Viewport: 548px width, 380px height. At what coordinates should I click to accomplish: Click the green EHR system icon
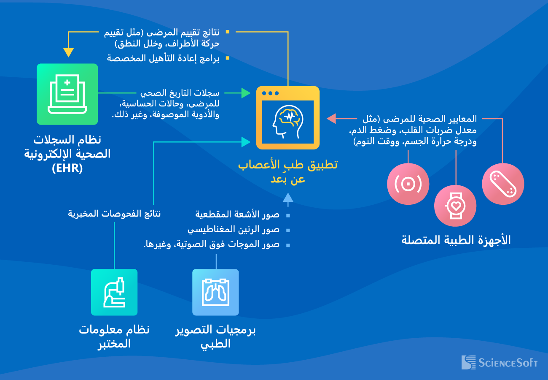[x=67, y=94]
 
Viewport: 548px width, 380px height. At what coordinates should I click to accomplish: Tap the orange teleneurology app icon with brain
[x=288, y=118]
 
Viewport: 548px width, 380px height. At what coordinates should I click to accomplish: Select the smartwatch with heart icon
[x=455, y=206]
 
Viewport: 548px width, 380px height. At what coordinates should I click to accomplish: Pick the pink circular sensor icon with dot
[x=408, y=184]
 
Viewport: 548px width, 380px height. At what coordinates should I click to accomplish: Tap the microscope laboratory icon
[x=114, y=292]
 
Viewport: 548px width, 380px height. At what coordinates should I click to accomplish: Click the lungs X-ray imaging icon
[x=215, y=292]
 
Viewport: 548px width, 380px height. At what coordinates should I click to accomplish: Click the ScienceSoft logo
[x=500, y=362]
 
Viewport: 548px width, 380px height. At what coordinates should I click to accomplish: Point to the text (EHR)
[x=67, y=168]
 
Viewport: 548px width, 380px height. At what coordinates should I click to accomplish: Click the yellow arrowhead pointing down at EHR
[x=68, y=52]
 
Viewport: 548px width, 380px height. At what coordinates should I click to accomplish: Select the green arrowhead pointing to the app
[x=246, y=93]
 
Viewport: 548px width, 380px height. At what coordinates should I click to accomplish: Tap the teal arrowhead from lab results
[x=246, y=142]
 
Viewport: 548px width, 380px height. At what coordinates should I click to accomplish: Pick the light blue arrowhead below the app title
[x=288, y=198]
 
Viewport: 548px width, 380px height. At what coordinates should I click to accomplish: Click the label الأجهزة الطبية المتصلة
[x=456, y=241]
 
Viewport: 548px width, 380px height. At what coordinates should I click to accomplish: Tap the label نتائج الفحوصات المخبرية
[x=115, y=214]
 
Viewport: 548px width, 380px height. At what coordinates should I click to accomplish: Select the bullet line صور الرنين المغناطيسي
[x=234, y=230]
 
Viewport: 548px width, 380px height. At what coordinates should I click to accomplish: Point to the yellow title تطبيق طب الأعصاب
[x=288, y=165]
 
